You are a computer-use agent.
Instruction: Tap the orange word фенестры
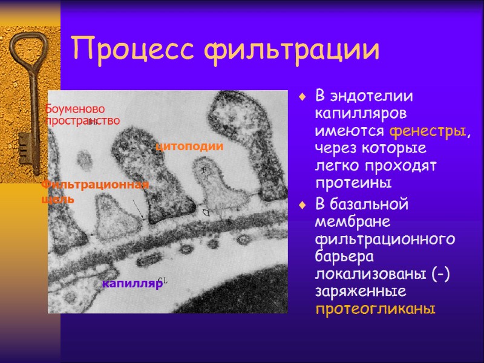428,131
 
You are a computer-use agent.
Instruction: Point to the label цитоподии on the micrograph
189,146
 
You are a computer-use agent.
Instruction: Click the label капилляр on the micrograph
132,283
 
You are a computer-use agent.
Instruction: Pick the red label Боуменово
76,109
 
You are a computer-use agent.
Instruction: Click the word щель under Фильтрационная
58,198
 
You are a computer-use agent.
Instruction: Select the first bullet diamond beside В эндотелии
304,96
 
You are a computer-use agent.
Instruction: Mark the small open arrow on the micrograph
206,212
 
